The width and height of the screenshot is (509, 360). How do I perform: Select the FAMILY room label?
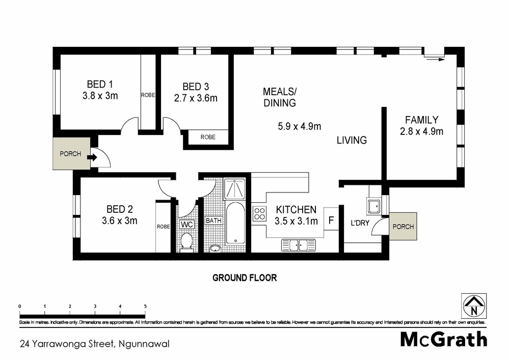(421, 120)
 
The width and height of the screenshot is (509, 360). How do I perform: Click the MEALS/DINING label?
(279, 97)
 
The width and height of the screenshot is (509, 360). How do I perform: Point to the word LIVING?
(352, 140)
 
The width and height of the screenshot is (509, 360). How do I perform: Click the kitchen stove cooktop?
(259, 213)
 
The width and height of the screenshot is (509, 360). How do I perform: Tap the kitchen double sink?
(300, 245)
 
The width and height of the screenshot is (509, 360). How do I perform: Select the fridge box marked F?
(331, 220)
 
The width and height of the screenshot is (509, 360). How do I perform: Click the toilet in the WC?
(186, 241)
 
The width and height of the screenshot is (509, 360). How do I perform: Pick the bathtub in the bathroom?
(235, 223)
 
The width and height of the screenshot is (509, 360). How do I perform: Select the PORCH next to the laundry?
(403, 227)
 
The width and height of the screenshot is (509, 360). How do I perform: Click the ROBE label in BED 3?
(207, 137)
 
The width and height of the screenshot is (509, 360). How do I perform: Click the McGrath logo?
(443, 339)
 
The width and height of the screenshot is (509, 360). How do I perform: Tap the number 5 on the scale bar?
(145, 306)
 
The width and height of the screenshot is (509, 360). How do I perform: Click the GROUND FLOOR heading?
(245, 278)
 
